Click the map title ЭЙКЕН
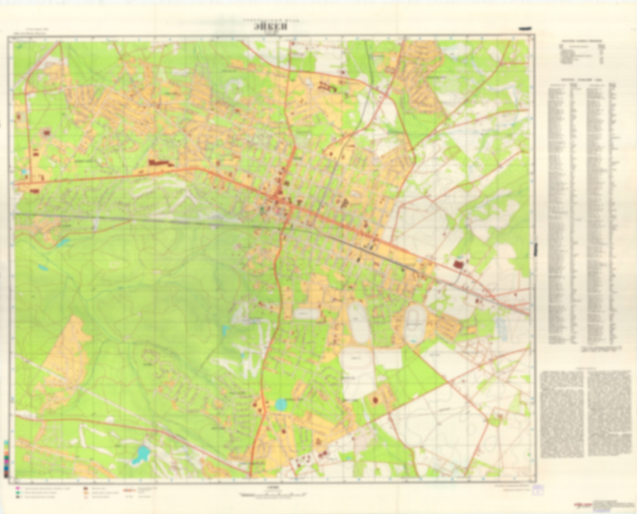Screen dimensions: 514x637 point(271,26)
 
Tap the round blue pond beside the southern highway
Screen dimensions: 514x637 point(280,404)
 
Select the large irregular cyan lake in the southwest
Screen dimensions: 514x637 point(141,454)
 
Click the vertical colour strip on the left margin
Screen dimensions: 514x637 point(6,458)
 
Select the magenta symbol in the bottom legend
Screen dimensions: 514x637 point(18,488)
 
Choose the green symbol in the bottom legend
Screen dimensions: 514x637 point(18,493)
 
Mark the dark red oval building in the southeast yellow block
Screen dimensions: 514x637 point(376,400)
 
